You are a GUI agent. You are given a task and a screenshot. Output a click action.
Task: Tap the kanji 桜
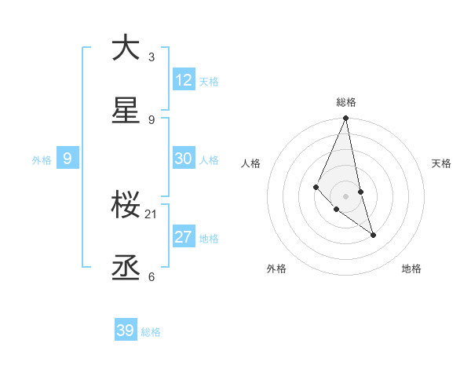point(126,205)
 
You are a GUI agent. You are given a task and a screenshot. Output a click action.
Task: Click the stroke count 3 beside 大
point(152,57)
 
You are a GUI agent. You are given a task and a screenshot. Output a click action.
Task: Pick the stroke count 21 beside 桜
point(152,214)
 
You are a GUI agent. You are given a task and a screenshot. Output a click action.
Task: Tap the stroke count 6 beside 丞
point(152,276)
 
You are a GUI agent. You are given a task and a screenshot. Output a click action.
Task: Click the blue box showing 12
point(184,80)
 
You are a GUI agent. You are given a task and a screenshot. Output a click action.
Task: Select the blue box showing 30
point(184,159)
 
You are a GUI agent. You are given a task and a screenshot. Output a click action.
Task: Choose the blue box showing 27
point(184,237)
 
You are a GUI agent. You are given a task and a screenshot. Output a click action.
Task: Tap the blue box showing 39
point(126,331)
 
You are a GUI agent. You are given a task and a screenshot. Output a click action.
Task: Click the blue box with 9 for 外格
point(68,159)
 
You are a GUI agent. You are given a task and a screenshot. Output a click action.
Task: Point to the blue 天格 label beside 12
point(209,82)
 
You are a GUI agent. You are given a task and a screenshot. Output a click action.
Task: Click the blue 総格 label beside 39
point(151,332)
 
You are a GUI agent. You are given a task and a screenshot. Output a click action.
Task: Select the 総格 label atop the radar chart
point(346,102)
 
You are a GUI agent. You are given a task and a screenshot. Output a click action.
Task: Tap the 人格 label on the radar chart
point(251,163)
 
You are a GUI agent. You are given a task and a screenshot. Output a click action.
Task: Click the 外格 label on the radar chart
point(276,269)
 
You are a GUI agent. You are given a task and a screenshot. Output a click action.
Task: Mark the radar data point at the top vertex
point(346,119)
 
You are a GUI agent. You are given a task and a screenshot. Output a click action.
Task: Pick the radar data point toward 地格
point(373,235)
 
